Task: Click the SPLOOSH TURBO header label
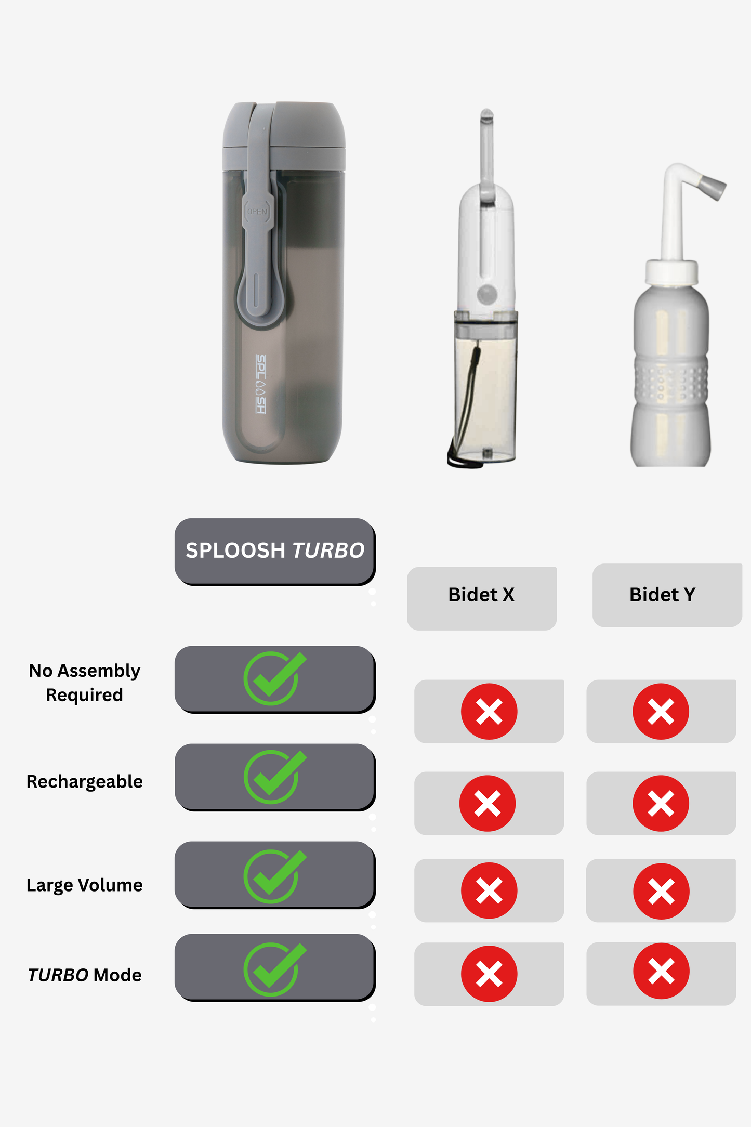click(275, 551)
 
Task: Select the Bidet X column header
click(481, 595)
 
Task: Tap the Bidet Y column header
click(662, 595)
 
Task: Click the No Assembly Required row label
click(84, 683)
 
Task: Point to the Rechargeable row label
click(84, 781)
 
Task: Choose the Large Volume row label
click(84, 885)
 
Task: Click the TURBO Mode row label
click(84, 975)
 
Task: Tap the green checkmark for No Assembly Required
click(274, 678)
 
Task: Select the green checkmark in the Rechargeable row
click(274, 776)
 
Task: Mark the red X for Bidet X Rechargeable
click(488, 803)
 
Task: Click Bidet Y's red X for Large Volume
click(661, 891)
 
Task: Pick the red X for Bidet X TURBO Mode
click(489, 974)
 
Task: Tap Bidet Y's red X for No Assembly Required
click(661, 711)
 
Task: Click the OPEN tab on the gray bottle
click(257, 212)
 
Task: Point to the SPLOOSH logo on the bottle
click(261, 384)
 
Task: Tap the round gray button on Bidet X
click(488, 295)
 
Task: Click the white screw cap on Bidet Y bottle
click(671, 272)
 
